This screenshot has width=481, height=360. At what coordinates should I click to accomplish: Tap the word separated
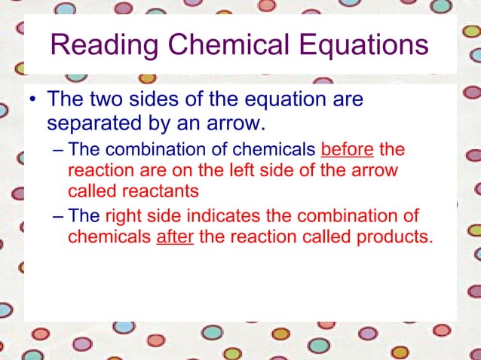point(93,121)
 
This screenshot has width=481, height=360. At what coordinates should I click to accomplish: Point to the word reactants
point(167,190)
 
